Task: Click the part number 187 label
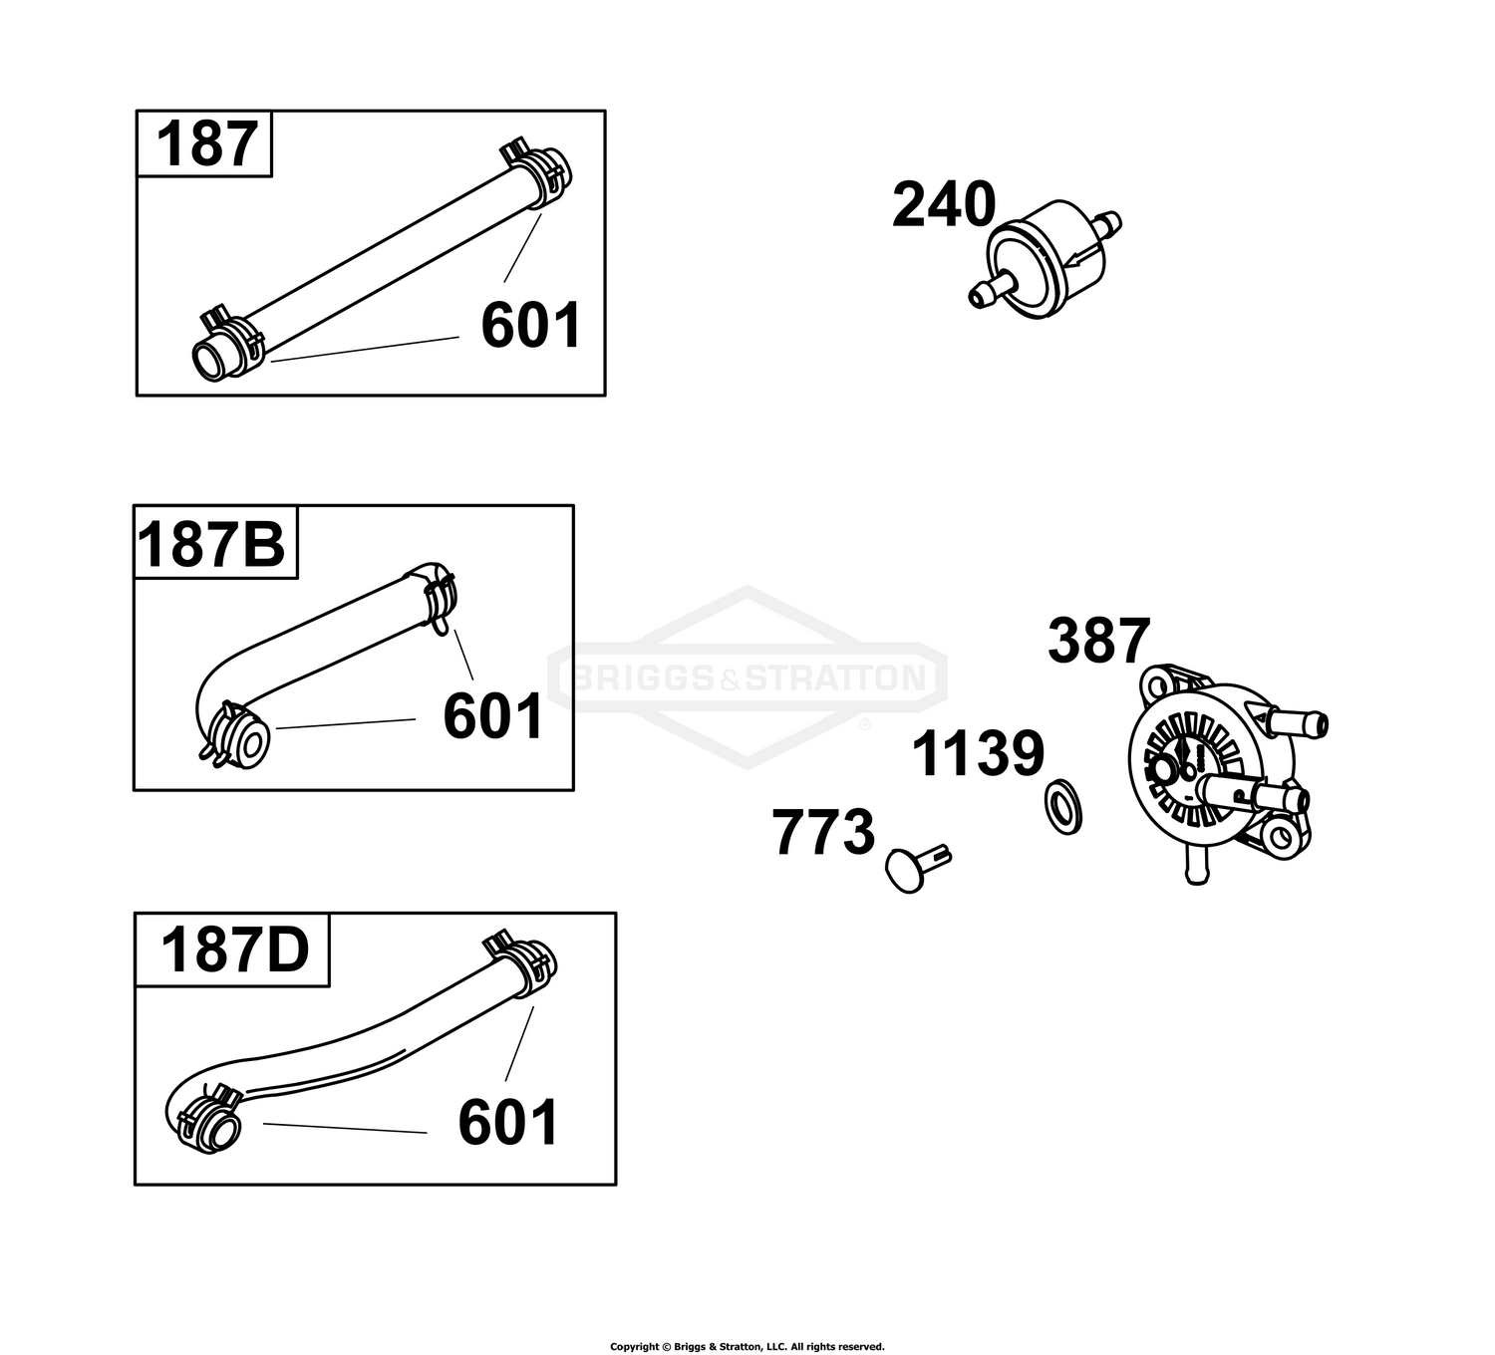207,144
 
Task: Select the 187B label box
214,542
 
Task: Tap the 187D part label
235,950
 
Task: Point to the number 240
944,204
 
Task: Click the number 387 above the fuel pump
1099,640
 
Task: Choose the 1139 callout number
978,754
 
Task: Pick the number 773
823,832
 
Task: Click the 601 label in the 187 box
530,325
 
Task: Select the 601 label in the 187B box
492,716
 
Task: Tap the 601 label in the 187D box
507,1123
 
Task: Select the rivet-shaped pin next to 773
918,868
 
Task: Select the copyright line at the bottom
747,1346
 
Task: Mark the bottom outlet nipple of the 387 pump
1197,869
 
